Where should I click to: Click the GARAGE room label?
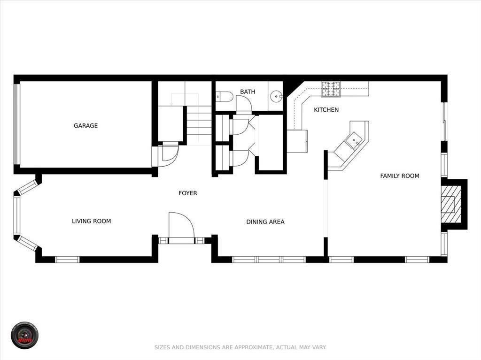pyautogui.click(x=85, y=126)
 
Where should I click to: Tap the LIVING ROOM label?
pyautogui.click(x=92, y=221)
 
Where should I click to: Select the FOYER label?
pyautogui.click(x=188, y=193)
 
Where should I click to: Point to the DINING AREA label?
pyautogui.click(x=265, y=222)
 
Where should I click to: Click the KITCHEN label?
pyautogui.click(x=326, y=110)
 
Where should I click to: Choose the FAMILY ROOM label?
pyautogui.click(x=400, y=176)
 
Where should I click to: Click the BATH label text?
pyautogui.click(x=248, y=92)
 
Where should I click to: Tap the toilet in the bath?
pyautogui.click(x=225, y=97)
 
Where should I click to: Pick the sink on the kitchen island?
pyautogui.click(x=354, y=139)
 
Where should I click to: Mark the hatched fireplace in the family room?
pyautogui.click(x=450, y=205)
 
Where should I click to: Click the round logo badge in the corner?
pyautogui.click(x=24, y=335)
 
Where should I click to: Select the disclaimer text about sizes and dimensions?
pyautogui.click(x=240, y=348)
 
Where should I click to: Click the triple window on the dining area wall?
pyautogui.click(x=269, y=259)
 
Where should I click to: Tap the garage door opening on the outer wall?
pyautogui.click(x=16, y=124)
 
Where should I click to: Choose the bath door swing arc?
pyautogui.click(x=244, y=104)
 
